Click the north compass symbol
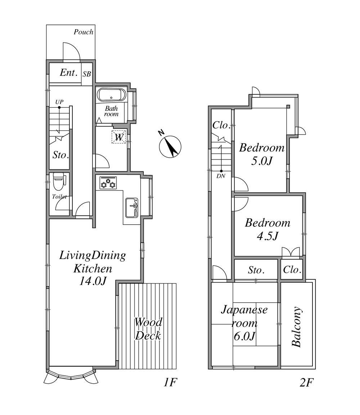tap(170, 146)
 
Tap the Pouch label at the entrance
tap(84, 32)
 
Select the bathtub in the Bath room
tap(112, 95)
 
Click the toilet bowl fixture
tap(59, 181)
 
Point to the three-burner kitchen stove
tap(108, 182)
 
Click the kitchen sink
tap(131, 208)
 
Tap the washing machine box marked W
tap(118, 137)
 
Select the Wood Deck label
tap(148, 329)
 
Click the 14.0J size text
tap(93, 281)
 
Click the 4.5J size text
tap(267, 235)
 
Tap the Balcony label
tap(297, 326)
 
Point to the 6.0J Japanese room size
tap(244, 336)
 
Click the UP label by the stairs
tap(59, 102)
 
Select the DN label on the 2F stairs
tap(221, 176)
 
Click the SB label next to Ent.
tap(87, 74)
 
